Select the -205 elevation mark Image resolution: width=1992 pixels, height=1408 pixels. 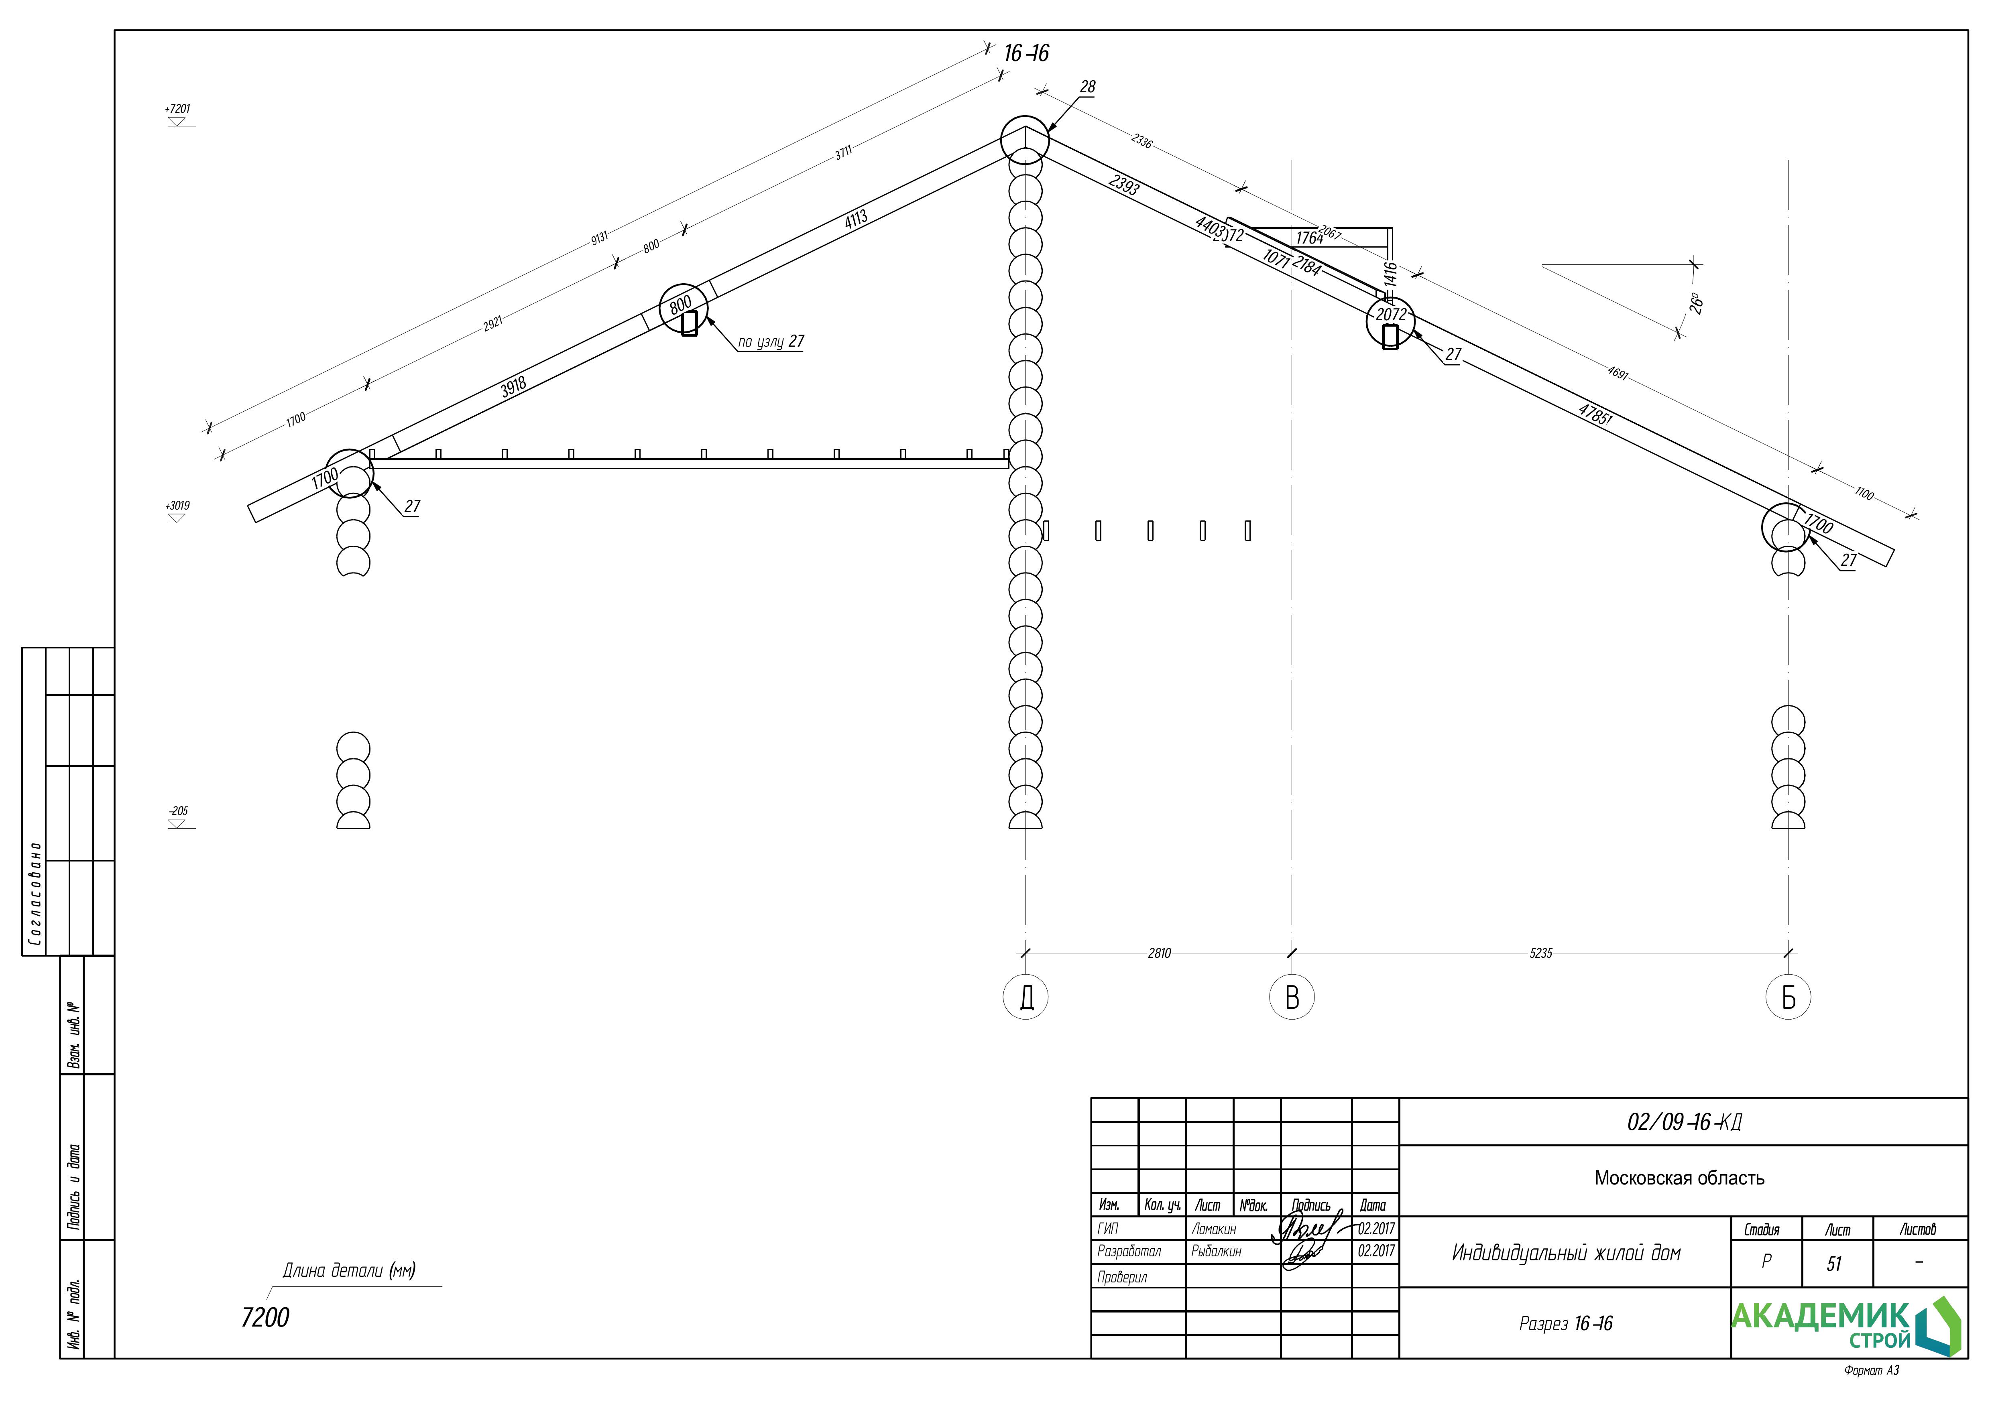pos(178,811)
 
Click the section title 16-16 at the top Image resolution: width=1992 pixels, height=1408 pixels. pos(1026,54)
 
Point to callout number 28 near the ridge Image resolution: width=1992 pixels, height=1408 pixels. pos(1087,87)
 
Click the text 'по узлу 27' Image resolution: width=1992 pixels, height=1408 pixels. pos(770,342)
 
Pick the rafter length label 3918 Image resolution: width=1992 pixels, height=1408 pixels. pos(514,387)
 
